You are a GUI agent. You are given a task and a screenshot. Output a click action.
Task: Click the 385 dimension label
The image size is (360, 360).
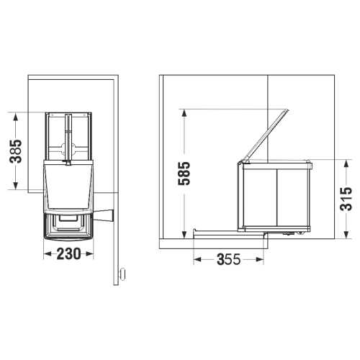16,151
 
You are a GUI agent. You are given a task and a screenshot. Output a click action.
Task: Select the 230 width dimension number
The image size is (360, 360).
69,254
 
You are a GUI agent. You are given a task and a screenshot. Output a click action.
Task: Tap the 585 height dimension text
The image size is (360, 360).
184,174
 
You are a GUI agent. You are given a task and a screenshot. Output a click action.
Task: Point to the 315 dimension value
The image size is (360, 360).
346,199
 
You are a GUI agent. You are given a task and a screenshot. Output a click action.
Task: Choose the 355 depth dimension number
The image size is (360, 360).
228,259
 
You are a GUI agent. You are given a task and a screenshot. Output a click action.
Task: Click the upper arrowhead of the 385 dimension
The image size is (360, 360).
16,117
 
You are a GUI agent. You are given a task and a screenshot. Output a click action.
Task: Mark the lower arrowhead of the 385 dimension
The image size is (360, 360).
16,185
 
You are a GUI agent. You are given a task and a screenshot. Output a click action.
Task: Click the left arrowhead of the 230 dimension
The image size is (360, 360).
48,253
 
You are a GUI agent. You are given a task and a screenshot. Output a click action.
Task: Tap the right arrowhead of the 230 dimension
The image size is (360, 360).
89,253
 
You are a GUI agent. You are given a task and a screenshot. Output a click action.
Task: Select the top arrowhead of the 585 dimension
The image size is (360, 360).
184,114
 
